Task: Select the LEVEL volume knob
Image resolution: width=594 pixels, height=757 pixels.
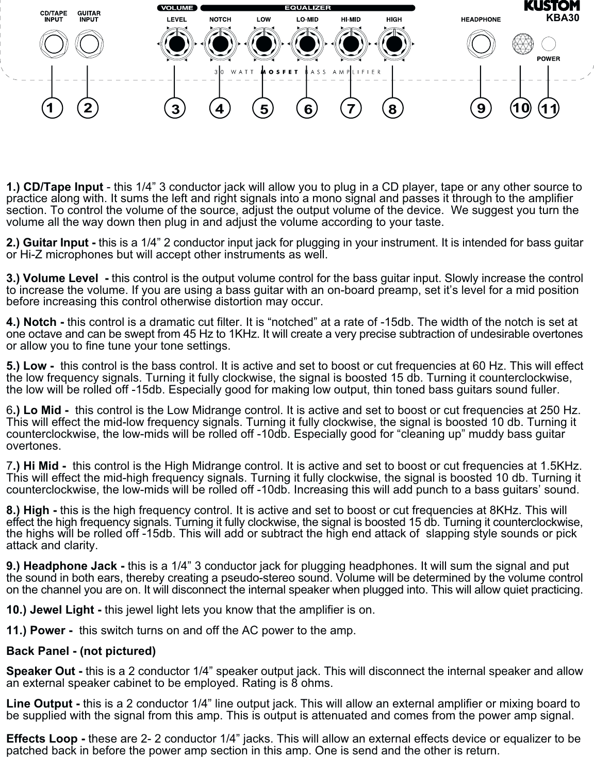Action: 176,44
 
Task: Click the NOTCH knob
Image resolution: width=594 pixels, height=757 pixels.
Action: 220,44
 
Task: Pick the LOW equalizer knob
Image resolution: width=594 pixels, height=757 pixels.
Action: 263,44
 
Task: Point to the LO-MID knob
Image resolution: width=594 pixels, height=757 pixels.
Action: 307,44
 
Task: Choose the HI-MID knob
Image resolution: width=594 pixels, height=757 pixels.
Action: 350,44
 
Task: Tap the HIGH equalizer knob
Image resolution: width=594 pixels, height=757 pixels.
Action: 393,44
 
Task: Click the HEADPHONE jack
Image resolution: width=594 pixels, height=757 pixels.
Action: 481,44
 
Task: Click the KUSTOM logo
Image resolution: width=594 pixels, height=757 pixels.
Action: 552,6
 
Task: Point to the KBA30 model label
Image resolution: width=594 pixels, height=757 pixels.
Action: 563,17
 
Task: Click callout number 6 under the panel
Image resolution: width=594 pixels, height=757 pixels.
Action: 308,109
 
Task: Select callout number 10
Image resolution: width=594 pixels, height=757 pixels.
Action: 521,108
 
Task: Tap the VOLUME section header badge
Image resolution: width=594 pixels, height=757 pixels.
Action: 177,8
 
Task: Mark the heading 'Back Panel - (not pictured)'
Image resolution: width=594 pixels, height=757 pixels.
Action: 81,651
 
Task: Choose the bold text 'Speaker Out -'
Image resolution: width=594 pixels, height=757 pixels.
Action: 44,671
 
